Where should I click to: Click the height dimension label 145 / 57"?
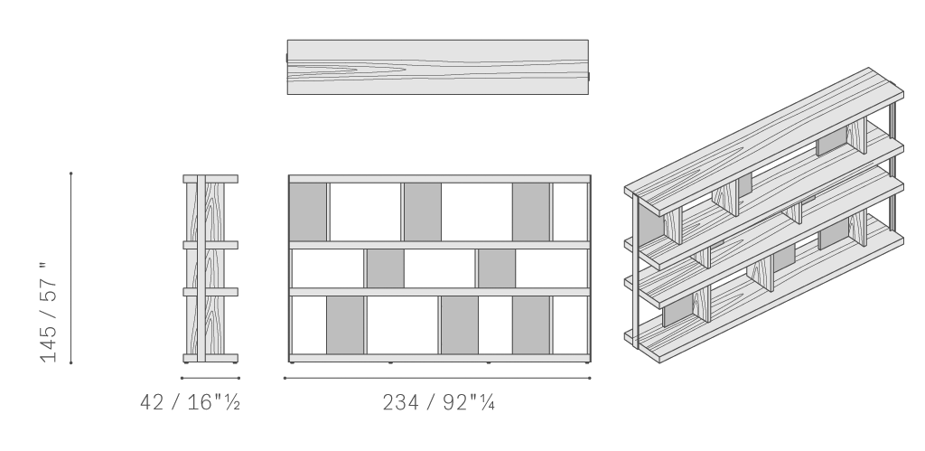(x=49, y=312)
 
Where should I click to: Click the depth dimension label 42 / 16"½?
(x=190, y=402)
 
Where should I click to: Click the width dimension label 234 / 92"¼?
(x=438, y=402)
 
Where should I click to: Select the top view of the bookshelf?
(x=438, y=67)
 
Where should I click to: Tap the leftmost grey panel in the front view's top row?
(x=308, y=211)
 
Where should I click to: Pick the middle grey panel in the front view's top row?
(x=423, y=211)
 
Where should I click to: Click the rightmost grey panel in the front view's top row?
(x=531, y=211)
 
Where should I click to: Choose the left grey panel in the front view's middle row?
(x=385, y=268)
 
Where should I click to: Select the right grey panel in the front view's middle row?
(x=497, y=268)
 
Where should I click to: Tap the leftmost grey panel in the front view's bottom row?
(x=345, y=325)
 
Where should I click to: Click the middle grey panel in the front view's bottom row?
(x=460, y=325)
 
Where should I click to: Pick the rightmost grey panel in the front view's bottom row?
(x=531, y=325)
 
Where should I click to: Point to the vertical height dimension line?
(x=70, y=268)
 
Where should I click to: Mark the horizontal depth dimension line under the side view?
(x=210, y=378)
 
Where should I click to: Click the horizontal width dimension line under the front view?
(x=437, y=378)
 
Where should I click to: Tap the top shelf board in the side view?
(x=210, y=179)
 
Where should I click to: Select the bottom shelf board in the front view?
(x=440, y=358)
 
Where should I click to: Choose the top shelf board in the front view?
(x=440, y=179)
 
